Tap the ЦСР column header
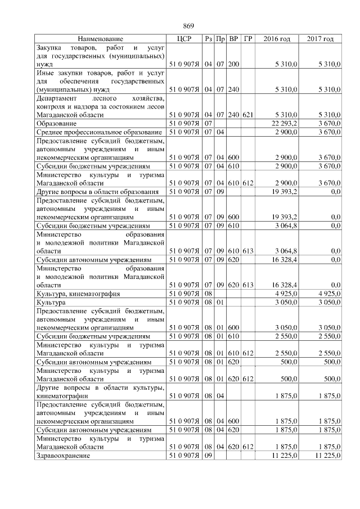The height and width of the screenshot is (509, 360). [184, 39]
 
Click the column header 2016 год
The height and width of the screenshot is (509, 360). [277, 39]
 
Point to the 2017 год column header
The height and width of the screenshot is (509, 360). [320, 39]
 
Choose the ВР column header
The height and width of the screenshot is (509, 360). [233, 39]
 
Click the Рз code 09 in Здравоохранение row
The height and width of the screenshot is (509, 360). [208, 455]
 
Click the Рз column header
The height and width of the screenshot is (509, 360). [208, 39]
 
